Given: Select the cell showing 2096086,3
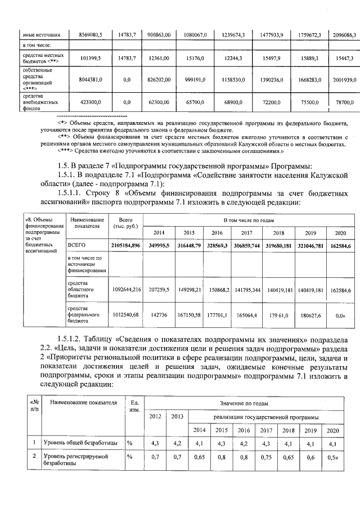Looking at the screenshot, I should coord(343,35).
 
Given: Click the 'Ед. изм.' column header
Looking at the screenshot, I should coord(134,406).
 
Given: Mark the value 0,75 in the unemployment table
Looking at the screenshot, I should coord(267,458).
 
